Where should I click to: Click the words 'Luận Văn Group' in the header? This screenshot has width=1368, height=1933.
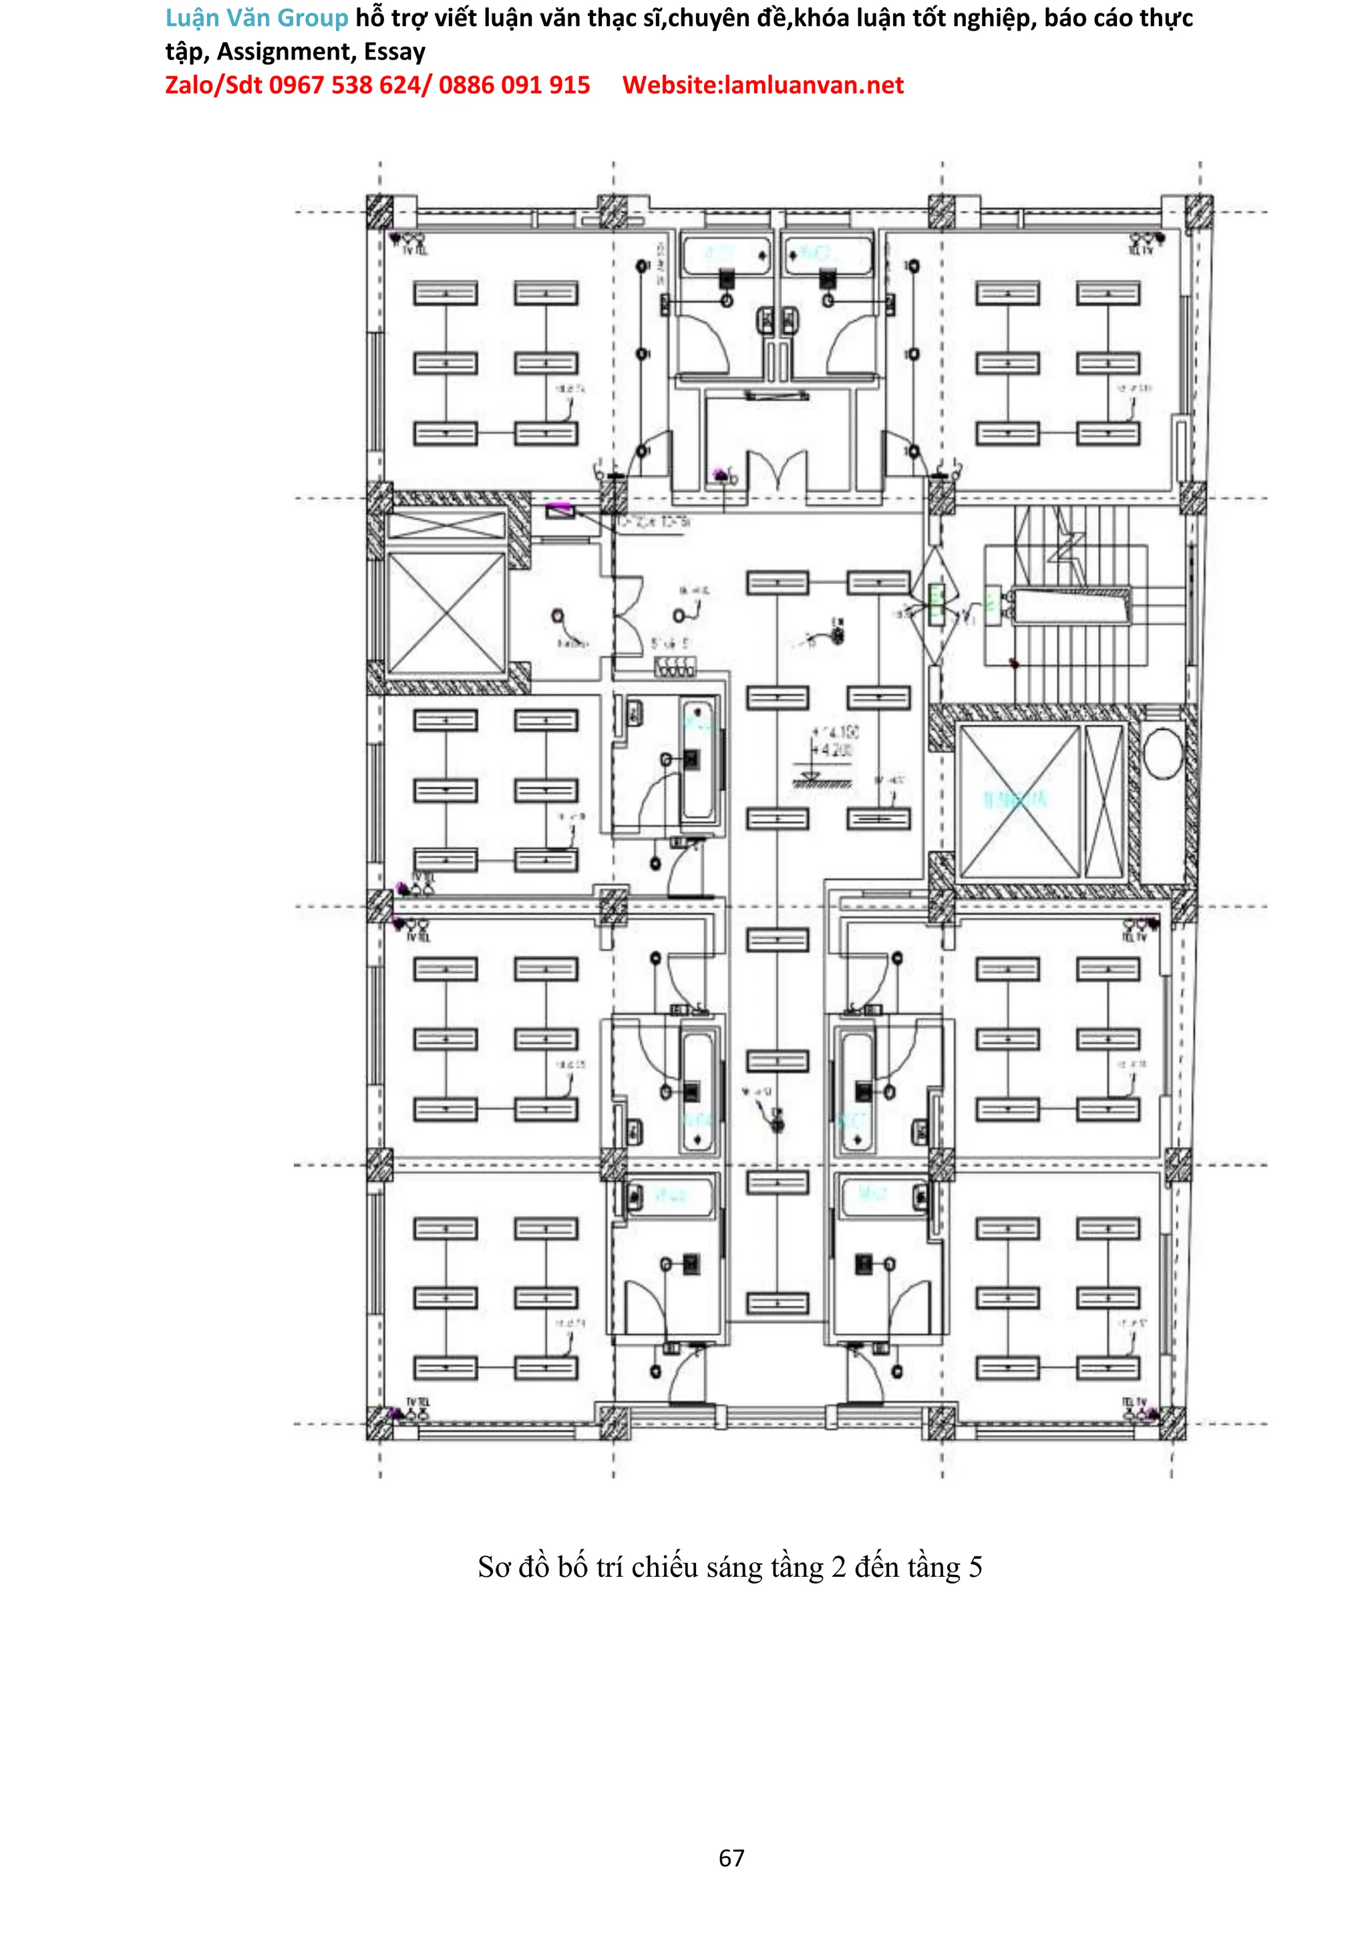pos(256,17)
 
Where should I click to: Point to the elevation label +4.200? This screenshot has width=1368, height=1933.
pos(833,750)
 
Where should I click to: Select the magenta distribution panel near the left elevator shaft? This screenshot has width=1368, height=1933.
pos(559,509)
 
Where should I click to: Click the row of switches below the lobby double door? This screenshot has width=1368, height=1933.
pos(675,669)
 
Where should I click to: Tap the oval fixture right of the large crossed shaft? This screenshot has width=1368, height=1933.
pos(1162,753)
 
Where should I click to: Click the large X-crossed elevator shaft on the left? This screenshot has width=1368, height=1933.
pos(446,613)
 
